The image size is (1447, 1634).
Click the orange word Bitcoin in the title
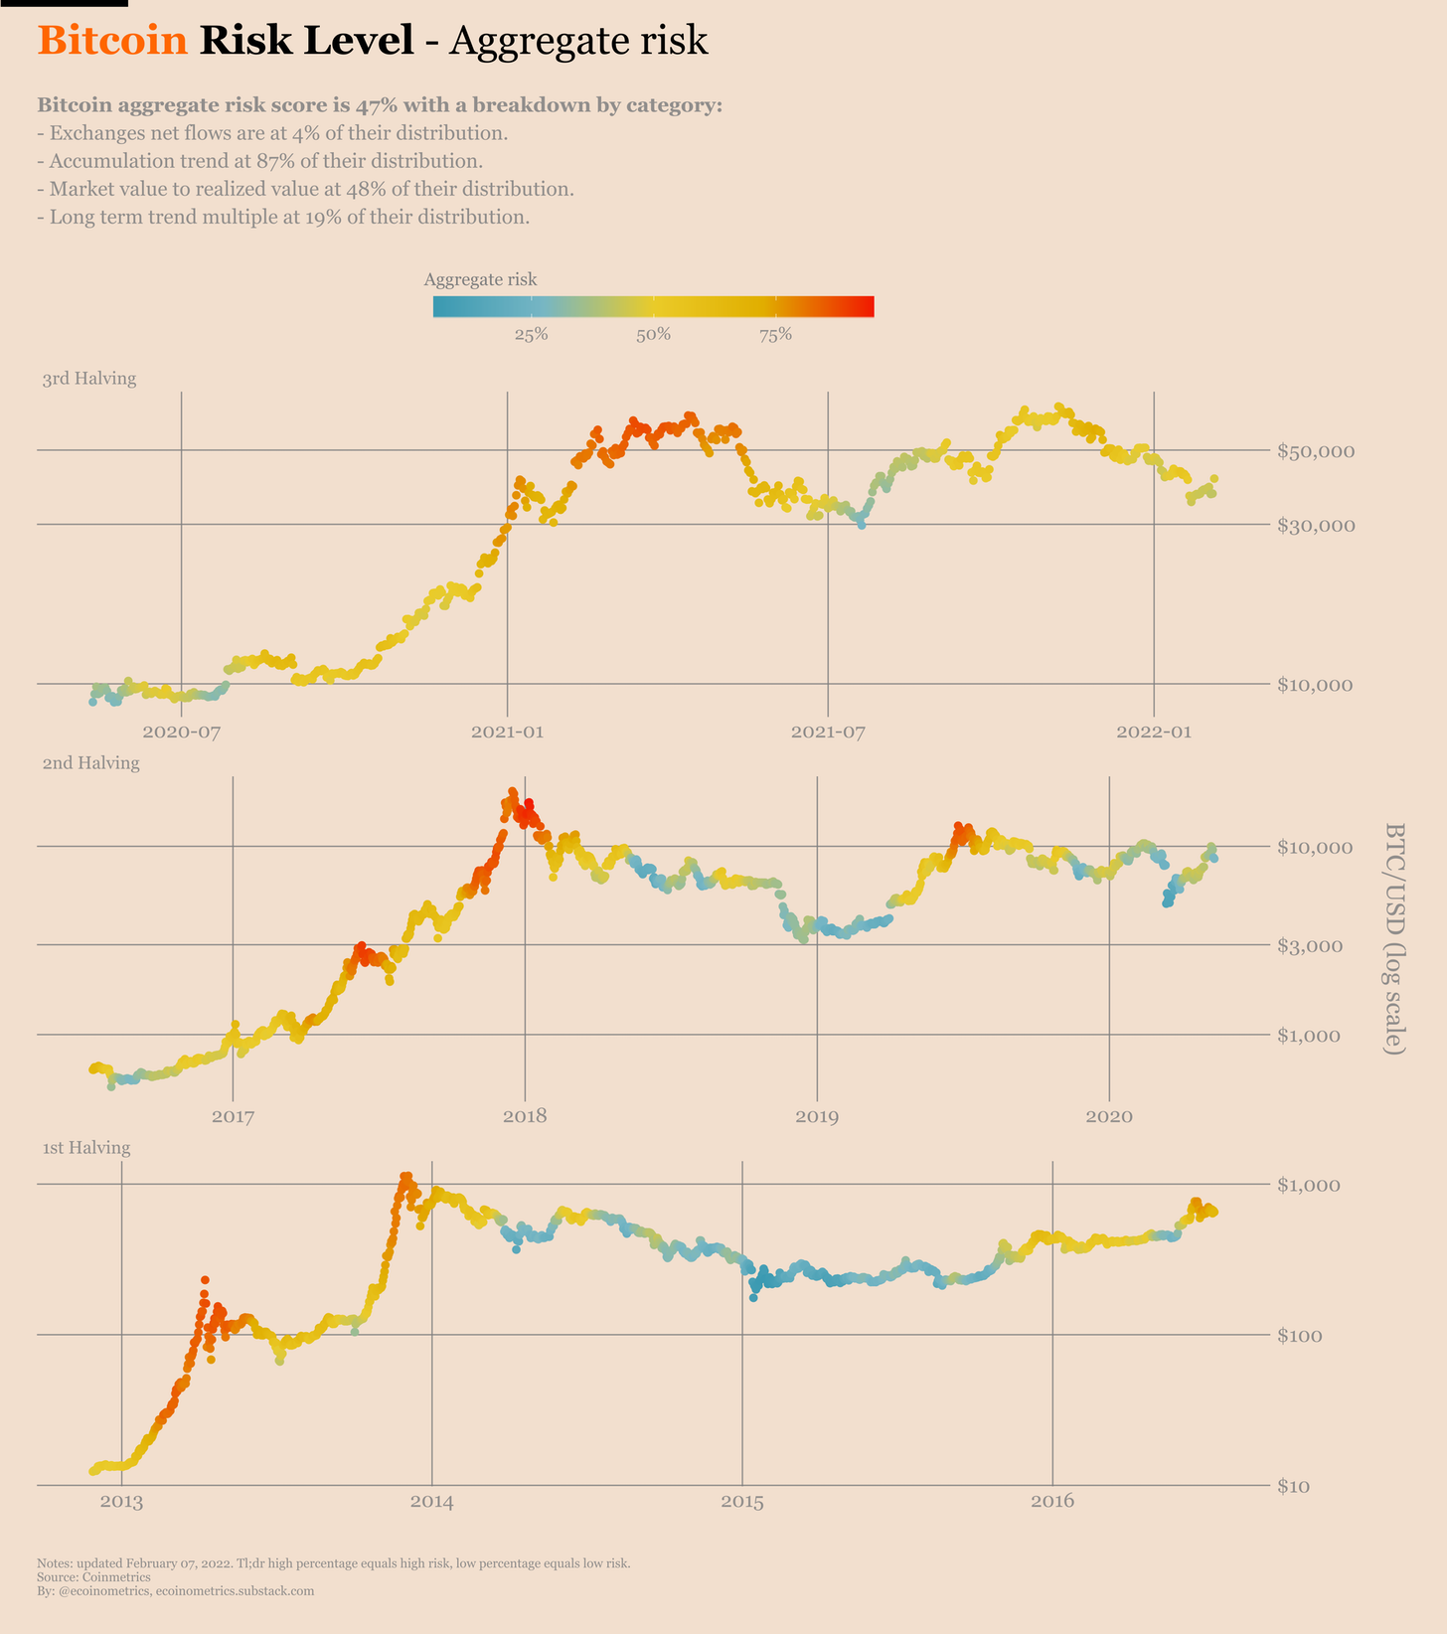point(112,41)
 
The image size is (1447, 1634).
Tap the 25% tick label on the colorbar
point(531,335)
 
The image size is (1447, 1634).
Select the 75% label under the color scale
point(775,335)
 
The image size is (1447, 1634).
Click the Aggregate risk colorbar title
point(480,280)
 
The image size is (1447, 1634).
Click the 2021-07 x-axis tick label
point(828,734)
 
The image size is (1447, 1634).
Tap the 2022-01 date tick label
point(1153,734)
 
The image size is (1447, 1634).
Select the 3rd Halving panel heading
point(89,379)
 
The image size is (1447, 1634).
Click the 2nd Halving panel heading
point(90,763)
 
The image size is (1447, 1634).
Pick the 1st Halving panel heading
point(86,1148)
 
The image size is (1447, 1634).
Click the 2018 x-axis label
point(525,1117)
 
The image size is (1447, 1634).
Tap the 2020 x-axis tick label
point(1108,1117)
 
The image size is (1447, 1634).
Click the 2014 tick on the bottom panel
point(431,1502)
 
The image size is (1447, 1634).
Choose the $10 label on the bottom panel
point(1297,1486)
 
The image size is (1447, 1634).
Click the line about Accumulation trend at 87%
point(260,161)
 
